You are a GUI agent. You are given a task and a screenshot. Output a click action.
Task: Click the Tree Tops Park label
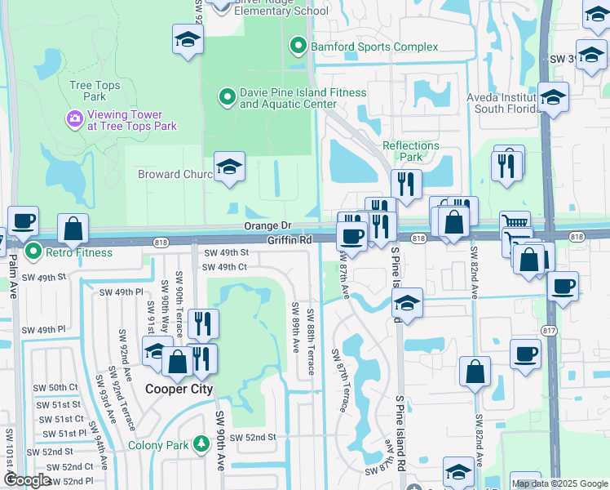tap(95, 91)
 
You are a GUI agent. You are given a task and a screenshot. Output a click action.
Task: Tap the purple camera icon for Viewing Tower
tap(75, 121)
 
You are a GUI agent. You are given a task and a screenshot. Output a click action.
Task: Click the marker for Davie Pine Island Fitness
tap(228, 98)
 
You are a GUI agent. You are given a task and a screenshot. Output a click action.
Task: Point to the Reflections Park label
tap(411, 151)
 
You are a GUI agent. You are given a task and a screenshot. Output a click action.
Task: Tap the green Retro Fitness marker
tap(33, 252)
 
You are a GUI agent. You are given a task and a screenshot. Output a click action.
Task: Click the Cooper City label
tap(179, 390)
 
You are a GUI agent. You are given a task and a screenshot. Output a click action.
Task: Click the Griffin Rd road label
tap(290, 240)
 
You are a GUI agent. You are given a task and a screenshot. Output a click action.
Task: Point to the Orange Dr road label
tap(267, 226)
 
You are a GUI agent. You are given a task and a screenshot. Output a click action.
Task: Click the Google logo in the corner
tap(27, 480)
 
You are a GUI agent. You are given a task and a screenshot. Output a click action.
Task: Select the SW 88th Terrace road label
tap(312, 343)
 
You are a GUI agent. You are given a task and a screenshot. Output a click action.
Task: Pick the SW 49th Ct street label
tap(224, 267)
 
